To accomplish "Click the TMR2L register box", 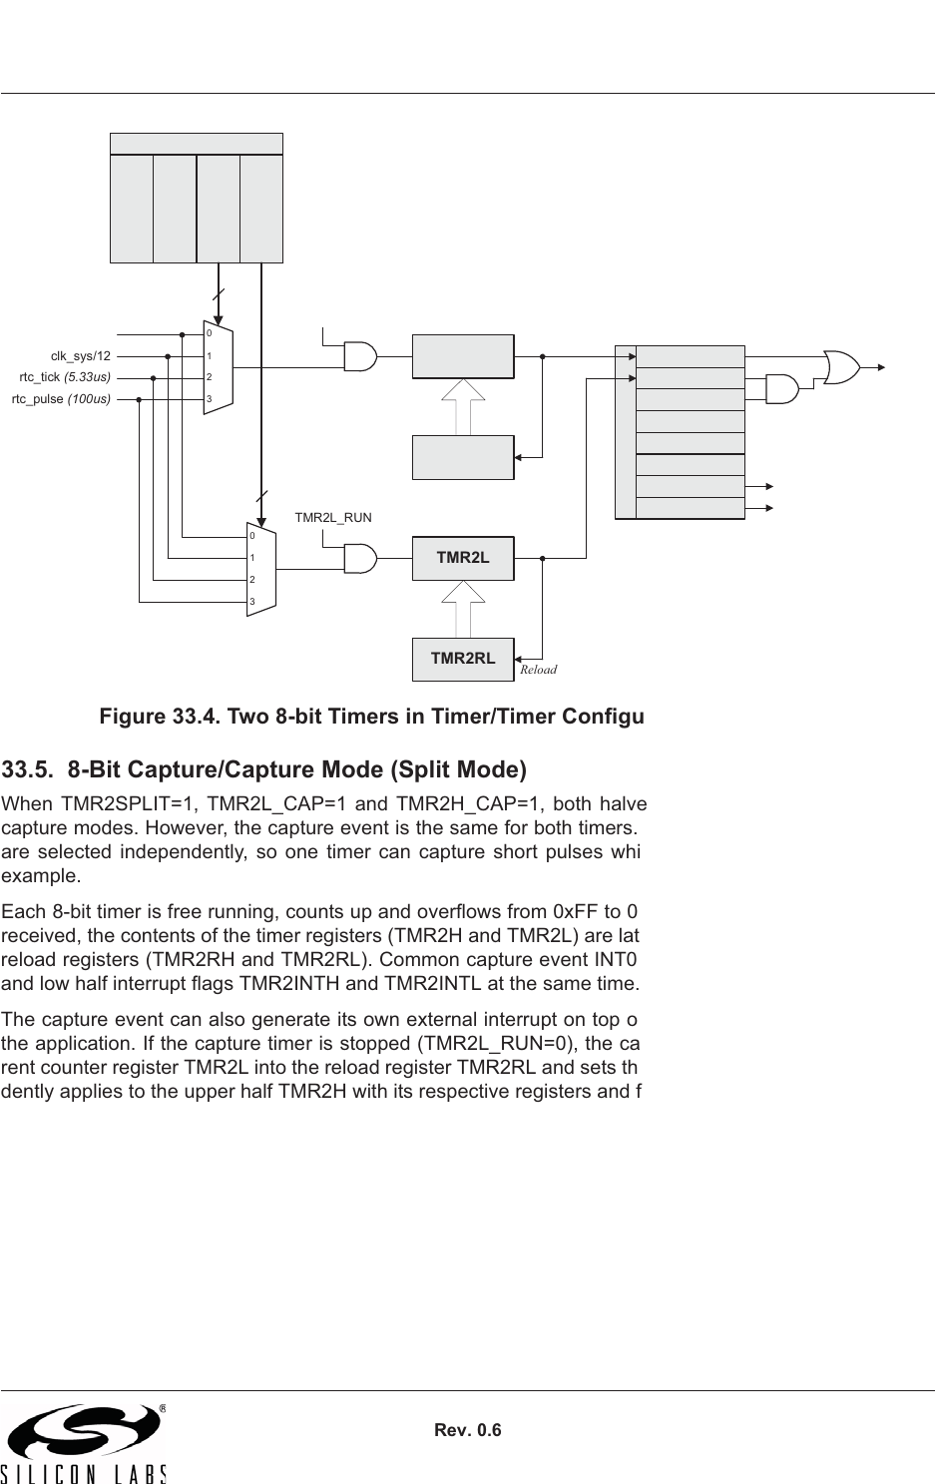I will coord(463,558).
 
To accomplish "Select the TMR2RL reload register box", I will coord(463,658).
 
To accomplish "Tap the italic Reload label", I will coord(539,670).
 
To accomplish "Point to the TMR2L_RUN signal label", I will coord(333,518).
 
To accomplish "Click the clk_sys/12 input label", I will coord(81,355).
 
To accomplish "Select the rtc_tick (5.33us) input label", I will coord(65,377).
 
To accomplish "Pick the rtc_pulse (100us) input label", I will coord(61,399).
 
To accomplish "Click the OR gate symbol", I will coord(841,366).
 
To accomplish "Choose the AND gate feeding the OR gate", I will coord(781,388).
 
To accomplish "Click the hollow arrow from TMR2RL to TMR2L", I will coord(463,608).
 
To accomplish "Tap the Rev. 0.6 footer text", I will coord(468,1430).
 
